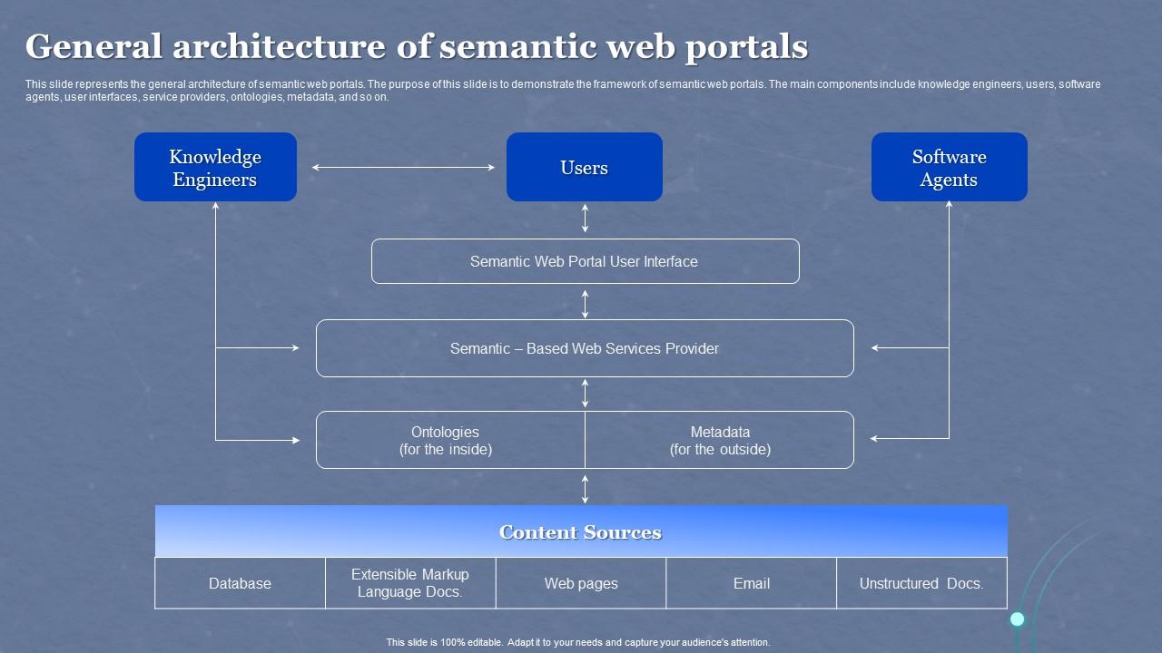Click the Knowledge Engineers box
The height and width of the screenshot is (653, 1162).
[215, 168]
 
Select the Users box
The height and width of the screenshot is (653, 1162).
[584, 168]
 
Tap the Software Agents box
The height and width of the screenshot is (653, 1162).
[949, 168]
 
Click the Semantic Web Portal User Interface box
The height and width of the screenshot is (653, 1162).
[585, 261]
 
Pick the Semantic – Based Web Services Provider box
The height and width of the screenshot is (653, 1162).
[585, 348]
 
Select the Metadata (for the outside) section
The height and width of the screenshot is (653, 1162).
[720, 441]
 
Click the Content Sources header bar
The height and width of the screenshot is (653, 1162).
[581, 531]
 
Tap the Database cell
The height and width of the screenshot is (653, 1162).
[240, 583]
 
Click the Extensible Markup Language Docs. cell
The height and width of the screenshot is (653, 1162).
[410, 583]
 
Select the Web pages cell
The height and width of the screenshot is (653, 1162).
[581, 583]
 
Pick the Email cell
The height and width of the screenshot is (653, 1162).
[752, 583]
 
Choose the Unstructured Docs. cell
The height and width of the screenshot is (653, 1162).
[921, 583]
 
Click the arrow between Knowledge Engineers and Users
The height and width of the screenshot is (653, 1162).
[403, 167]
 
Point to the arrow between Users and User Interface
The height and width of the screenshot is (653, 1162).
[585, 219]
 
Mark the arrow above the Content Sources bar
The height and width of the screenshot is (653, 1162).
[585, 488]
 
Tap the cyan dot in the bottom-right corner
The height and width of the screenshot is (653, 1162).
[1018, 619]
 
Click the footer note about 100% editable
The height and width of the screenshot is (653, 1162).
[578, 642]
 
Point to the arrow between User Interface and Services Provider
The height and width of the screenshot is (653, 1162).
[585, 304]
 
